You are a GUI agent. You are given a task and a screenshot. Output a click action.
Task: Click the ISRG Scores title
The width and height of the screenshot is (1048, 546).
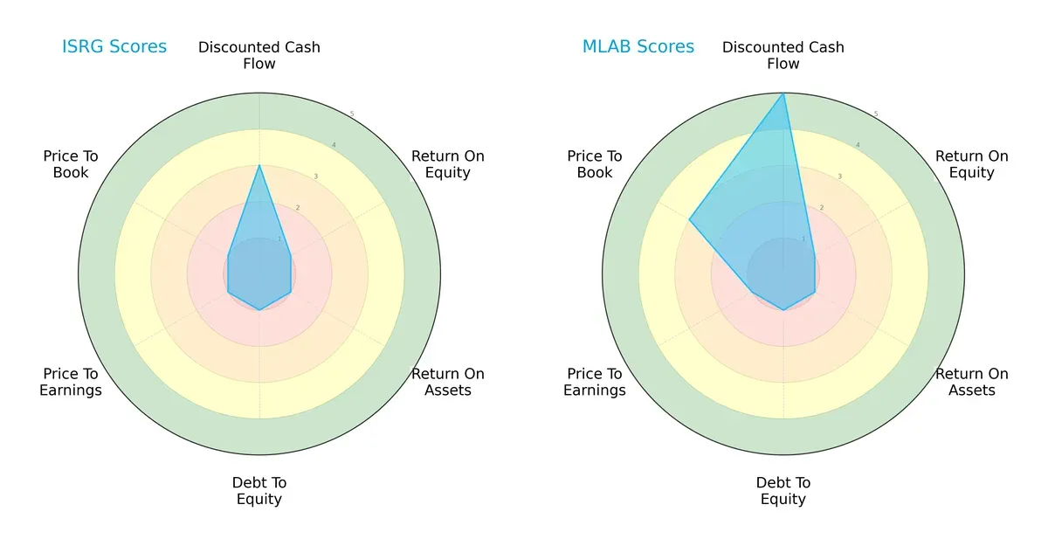coord(114,47)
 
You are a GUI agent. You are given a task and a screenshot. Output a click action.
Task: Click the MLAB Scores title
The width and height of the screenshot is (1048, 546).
coord(638,47)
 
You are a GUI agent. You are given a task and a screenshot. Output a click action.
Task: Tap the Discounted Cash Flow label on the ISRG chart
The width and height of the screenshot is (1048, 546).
coord(259,55)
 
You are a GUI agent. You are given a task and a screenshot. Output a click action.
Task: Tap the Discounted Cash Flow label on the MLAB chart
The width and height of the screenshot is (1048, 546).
coord(783,55)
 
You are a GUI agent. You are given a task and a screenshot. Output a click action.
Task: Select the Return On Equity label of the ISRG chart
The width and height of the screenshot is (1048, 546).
coord(448,164)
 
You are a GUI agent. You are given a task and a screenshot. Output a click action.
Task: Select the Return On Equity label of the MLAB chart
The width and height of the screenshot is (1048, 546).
coord(972,164)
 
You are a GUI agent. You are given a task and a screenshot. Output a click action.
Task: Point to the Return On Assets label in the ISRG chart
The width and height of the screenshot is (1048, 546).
coord(448,382)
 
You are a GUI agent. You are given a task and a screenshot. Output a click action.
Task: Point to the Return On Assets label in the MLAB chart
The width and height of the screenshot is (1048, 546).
coord(972,382)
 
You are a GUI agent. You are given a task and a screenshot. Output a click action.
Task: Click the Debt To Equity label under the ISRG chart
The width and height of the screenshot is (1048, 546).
coord(259,491)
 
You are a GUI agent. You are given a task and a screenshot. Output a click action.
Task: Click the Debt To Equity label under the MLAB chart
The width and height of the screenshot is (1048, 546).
coord(783,491)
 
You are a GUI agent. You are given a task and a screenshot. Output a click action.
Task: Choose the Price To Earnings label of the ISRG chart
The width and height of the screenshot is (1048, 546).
coord(71,382)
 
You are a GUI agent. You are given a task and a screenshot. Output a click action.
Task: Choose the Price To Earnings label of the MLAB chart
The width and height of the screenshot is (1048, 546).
coord(595,382)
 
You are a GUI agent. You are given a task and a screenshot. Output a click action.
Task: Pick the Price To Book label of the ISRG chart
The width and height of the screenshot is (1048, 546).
coord(71,164)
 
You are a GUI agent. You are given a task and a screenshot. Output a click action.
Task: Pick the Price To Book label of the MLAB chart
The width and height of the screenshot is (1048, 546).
coord(595,164)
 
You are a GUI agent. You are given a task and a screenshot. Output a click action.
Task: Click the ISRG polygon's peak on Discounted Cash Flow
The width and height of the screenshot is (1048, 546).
coord(259,165)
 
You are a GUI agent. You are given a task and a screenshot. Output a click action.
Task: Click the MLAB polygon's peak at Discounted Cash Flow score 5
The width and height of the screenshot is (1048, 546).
coord(783,93)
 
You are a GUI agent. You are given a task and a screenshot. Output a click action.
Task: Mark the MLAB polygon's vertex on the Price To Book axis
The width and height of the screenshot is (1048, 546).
coord(690,219)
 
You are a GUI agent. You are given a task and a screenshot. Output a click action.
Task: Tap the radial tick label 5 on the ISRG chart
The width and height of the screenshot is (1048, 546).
coord(352,114)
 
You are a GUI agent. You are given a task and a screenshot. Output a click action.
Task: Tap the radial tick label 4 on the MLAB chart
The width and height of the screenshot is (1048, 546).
coord(858,145)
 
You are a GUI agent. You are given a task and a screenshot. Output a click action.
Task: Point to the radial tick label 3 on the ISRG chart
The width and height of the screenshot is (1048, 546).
coord(315,176)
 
